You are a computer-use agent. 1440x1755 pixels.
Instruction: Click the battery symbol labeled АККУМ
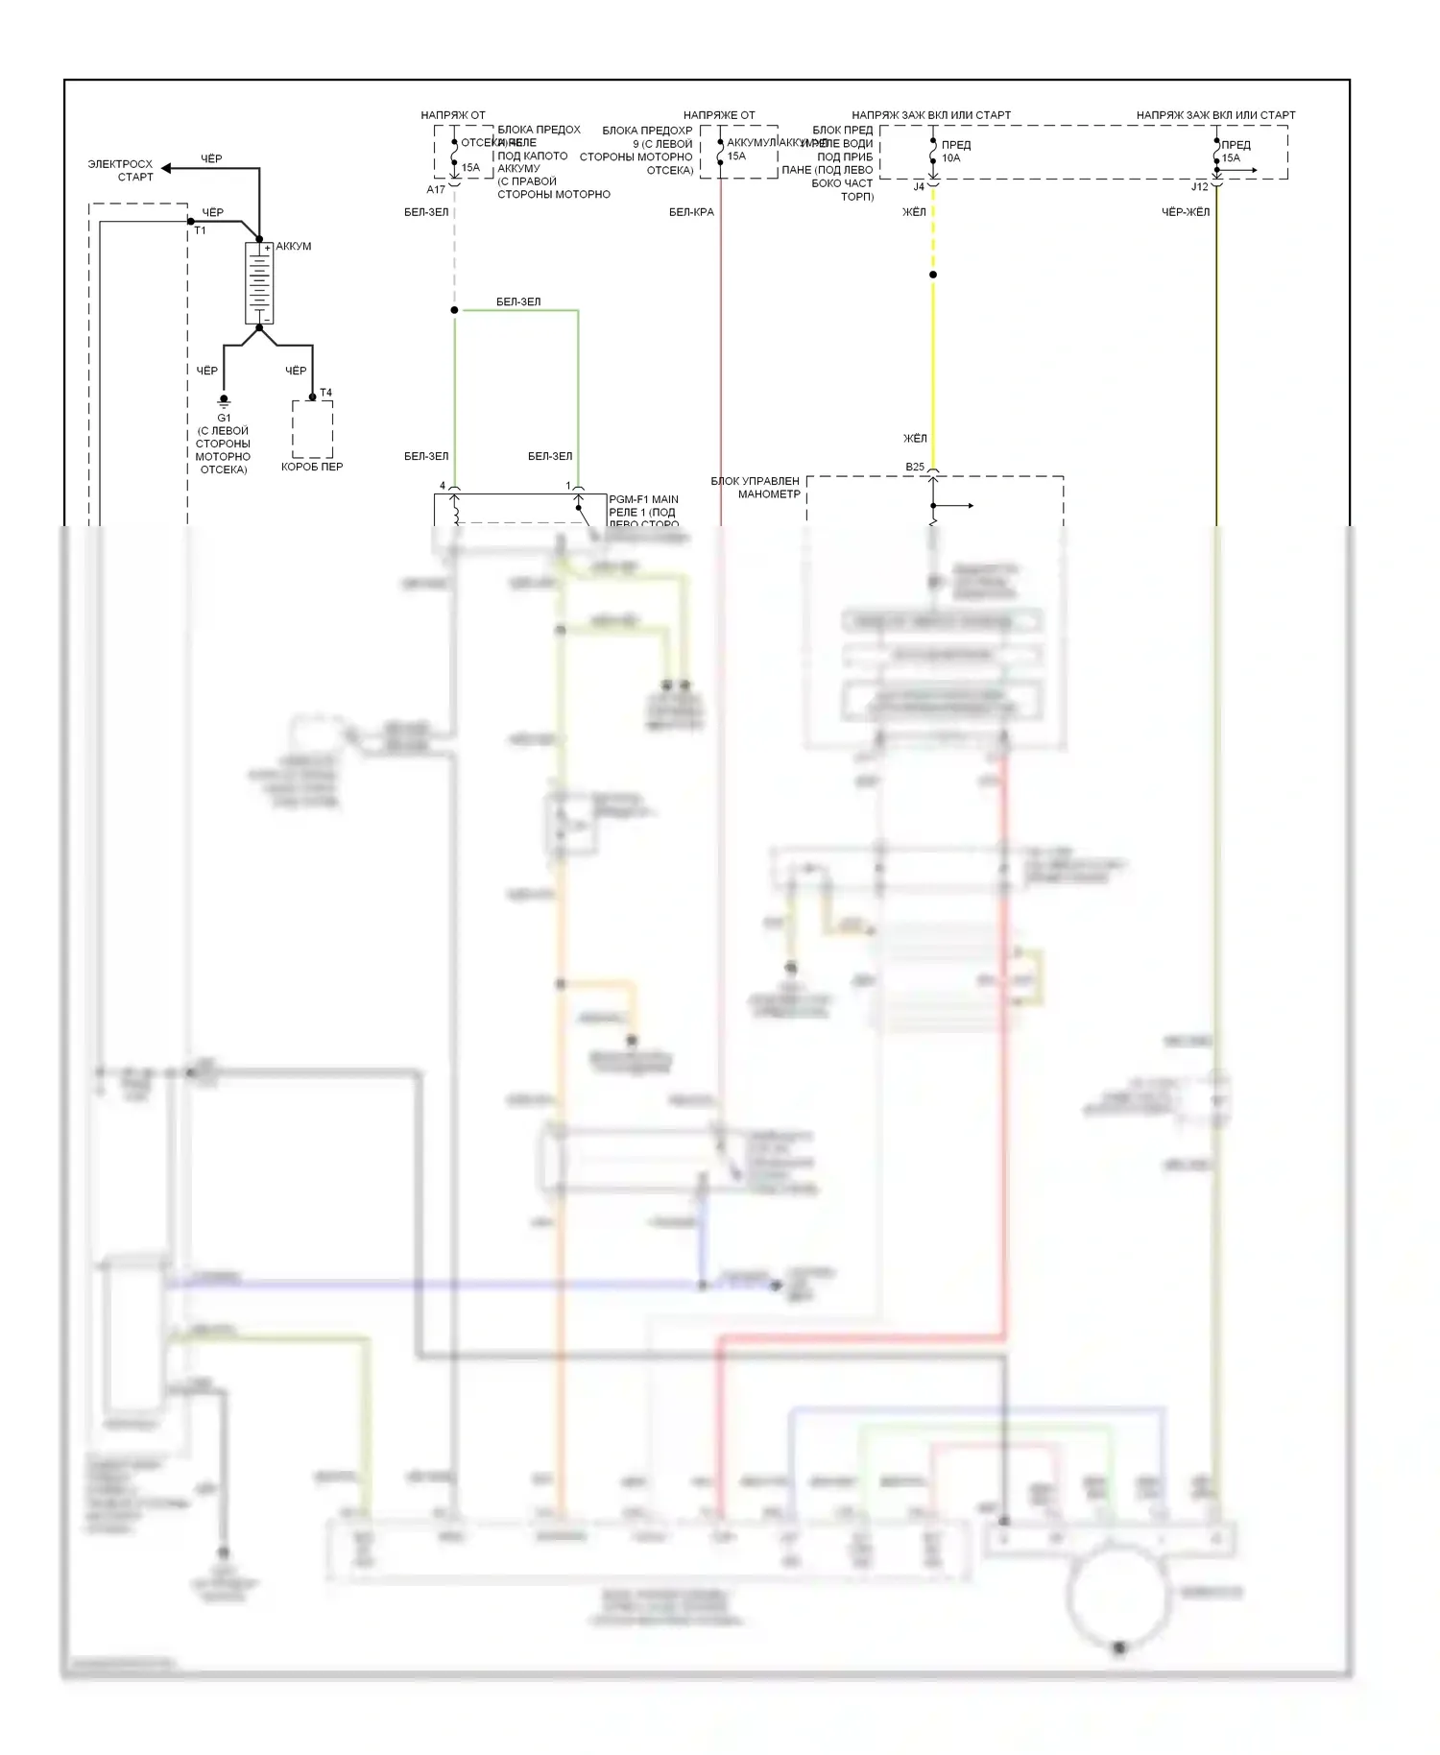click(x=259, y=283)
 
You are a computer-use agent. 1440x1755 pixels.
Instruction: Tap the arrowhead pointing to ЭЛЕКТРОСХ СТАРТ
click(x=166, y=168)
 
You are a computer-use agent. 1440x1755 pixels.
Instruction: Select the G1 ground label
click(x=224, y=418)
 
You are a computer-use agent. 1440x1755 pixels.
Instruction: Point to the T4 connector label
click(x=325, y=393)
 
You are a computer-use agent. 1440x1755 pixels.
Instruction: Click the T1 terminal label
click(x=200, y=230)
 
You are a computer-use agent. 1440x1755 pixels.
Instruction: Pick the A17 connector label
click(x=436, y=189)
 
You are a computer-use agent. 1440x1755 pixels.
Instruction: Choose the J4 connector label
click(x=919, y=186)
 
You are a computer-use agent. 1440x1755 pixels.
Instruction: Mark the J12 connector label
click(x=1199, y=186)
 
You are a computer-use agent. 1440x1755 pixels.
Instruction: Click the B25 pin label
click(x=915, y=468)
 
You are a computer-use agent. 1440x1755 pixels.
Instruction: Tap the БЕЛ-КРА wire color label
click(x=691, y=212)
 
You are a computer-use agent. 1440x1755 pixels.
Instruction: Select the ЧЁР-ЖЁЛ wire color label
click(x=1186, y=212)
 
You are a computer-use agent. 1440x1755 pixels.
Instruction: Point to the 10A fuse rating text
click(x=950, y=158)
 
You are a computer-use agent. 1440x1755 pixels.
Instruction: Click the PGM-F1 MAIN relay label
click(x=643, y=499)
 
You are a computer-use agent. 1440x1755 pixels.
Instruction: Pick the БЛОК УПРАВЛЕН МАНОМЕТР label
click(x=756, y=487)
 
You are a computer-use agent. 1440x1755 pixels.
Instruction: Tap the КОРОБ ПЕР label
click(x=312, y=467)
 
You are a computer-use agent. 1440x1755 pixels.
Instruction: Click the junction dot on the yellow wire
click(x=933, y=275)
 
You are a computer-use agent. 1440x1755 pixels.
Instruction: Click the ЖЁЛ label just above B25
click(x=915, y=439)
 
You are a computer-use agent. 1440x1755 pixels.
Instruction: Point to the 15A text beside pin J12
click(x=1231, y=158)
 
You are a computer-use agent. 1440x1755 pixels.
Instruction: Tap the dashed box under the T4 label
click(x=313, y=429)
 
